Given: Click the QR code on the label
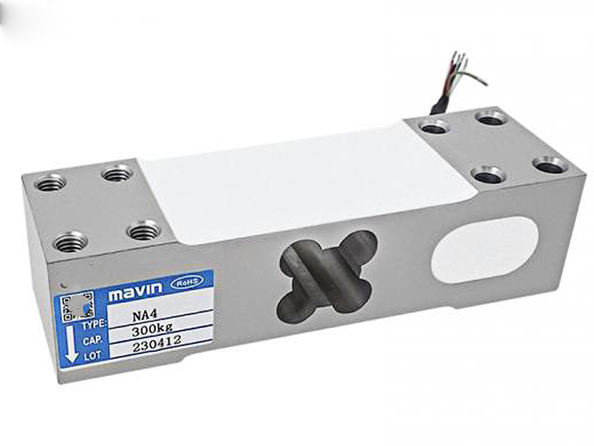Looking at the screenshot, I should [78, 305].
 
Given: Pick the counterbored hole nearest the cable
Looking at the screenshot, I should [434, 126].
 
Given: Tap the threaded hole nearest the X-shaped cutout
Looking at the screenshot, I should [144, 231].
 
